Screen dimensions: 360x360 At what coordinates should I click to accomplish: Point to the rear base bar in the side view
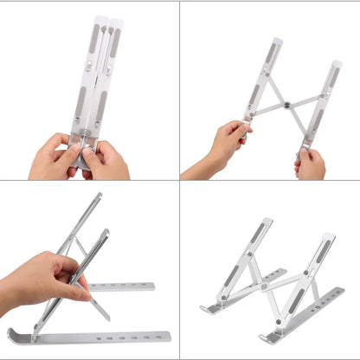coord(121,286)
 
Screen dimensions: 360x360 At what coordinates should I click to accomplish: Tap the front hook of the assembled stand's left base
coord(207,309)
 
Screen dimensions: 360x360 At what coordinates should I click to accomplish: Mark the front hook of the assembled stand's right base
coord(264,337)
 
